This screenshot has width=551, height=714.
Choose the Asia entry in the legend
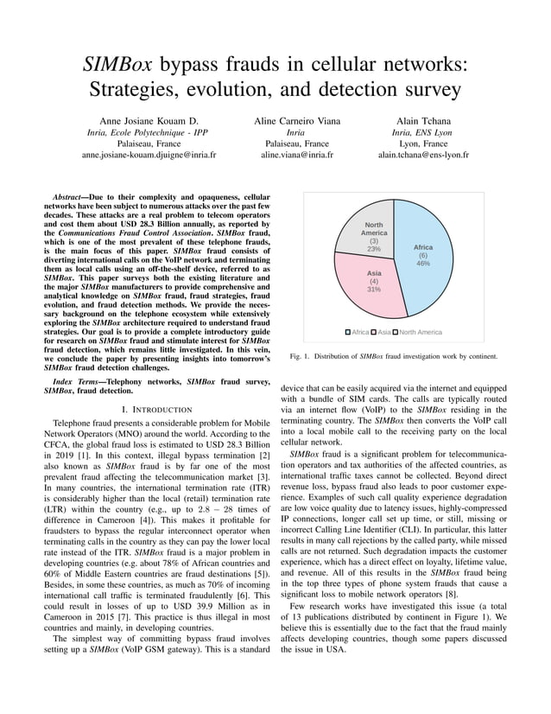(x=383, y=332)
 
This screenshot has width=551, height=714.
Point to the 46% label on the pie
(x=423, y=264)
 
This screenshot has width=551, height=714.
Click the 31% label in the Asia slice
(x=374, y=290)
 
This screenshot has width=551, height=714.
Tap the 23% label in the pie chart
(x=374, y=249)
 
